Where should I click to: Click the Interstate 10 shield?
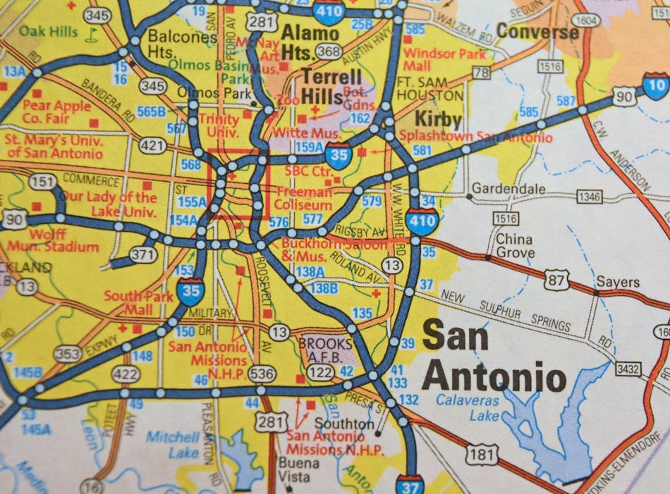coord(655,85)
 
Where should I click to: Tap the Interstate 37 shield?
coord(410,485)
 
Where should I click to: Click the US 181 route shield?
coord(481,455)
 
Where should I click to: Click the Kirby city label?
coord(437,118)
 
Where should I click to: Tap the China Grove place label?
coord(515,245)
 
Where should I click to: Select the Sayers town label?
coord(617,282)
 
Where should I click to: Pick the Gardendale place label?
coord(508,189)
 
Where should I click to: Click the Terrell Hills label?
coord(332,86)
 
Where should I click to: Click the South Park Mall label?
coord(138,302)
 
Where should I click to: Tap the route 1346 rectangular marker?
coord(590,197)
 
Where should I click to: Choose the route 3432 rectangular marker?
coord(628,369)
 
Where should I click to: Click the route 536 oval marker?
coord(262,373)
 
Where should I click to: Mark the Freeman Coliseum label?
coord(304,198)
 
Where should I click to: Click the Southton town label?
coord(344,424)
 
